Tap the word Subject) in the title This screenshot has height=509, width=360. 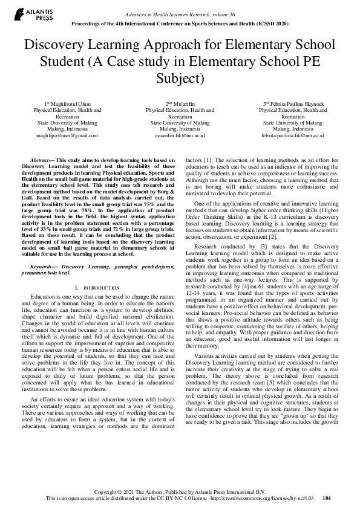[x=180, y=79]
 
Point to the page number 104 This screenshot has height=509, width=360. [x=327, y=499]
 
